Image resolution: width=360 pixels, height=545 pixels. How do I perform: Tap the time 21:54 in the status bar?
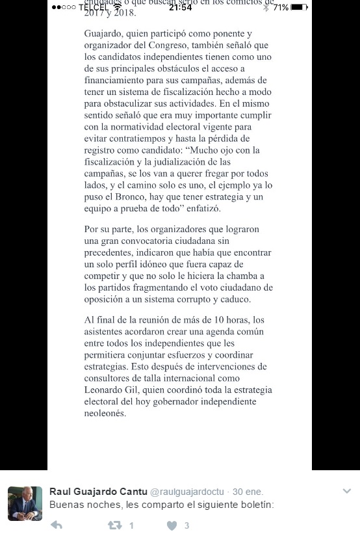(180, 7)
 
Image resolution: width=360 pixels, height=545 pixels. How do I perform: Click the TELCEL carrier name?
(94, 7)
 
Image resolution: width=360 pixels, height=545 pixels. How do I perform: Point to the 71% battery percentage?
(281, 7)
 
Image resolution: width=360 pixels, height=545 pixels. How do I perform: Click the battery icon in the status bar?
(298, 7)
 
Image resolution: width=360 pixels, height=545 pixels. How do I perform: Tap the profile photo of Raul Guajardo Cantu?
(25, 503)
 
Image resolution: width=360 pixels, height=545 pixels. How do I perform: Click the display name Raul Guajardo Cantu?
(98, 491)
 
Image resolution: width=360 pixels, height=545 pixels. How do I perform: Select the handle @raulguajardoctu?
(187, 492)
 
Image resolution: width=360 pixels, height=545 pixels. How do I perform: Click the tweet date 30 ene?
(248, 492)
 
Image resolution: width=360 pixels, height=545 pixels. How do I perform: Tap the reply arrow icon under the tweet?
(57, 525)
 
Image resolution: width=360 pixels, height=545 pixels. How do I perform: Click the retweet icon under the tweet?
(114, 525)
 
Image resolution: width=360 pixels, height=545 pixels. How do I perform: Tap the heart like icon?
(172, 525)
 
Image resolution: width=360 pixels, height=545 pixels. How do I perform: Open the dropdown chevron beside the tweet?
(346, 491)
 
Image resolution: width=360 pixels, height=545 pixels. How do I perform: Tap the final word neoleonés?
(105, 413)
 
